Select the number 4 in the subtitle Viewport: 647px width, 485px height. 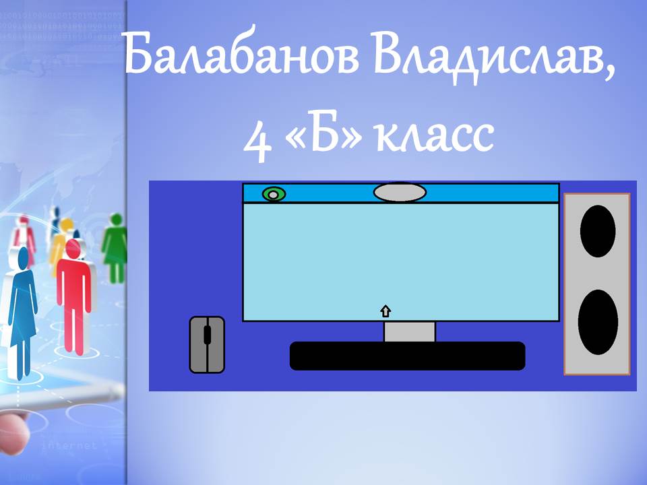click(x=258, y=140)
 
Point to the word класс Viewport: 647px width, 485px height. click(x=435, y=135)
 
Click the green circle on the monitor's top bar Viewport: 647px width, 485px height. click(x=274, y=194)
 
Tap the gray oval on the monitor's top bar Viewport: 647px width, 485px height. click(x=400, y=193)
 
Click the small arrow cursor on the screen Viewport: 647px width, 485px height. click(x=386, y=311)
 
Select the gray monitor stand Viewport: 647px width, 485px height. click(x=409, y=331)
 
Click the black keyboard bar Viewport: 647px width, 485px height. click(x=407, y=356)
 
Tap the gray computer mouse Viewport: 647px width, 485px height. click(x=207, y=345)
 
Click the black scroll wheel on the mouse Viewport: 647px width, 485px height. click(x=207, y=335)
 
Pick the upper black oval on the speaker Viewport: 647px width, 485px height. click(x=598, y=231)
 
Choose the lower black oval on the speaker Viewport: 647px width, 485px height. click(x=598, y=322)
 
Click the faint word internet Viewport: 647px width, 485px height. click(x=69, y=445)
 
